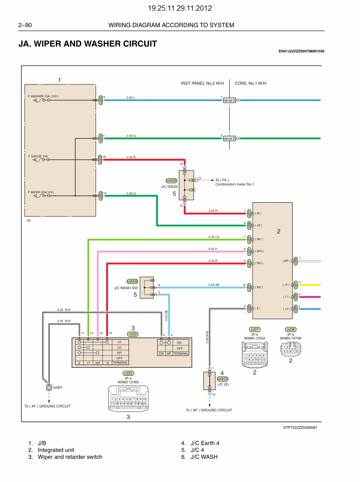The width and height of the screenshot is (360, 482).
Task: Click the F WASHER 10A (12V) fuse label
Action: [43, 96]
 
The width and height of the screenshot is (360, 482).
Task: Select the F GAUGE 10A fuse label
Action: [38, 157]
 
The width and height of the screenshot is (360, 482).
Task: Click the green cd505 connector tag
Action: [171, 181]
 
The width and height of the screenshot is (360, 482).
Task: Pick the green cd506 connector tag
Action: [132, 281]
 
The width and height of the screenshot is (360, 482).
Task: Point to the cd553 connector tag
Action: [223, 378]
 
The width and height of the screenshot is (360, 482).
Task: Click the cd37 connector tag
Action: [255, 329]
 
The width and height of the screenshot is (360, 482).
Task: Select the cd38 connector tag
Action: [290, 329]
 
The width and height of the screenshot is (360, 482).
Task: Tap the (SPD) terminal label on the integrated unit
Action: [260, 251]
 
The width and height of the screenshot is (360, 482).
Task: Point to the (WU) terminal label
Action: [259, 287]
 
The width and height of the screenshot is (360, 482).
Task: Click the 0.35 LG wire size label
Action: [214, 237]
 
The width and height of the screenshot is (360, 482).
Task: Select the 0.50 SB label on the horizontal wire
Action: [214, 285]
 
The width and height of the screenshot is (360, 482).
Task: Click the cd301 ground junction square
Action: [49, 387]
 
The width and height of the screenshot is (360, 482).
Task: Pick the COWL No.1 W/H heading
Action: [250, 83]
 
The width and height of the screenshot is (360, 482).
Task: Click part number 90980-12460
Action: [128, 382]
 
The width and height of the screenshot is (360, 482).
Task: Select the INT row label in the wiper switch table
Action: [119, 353]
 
